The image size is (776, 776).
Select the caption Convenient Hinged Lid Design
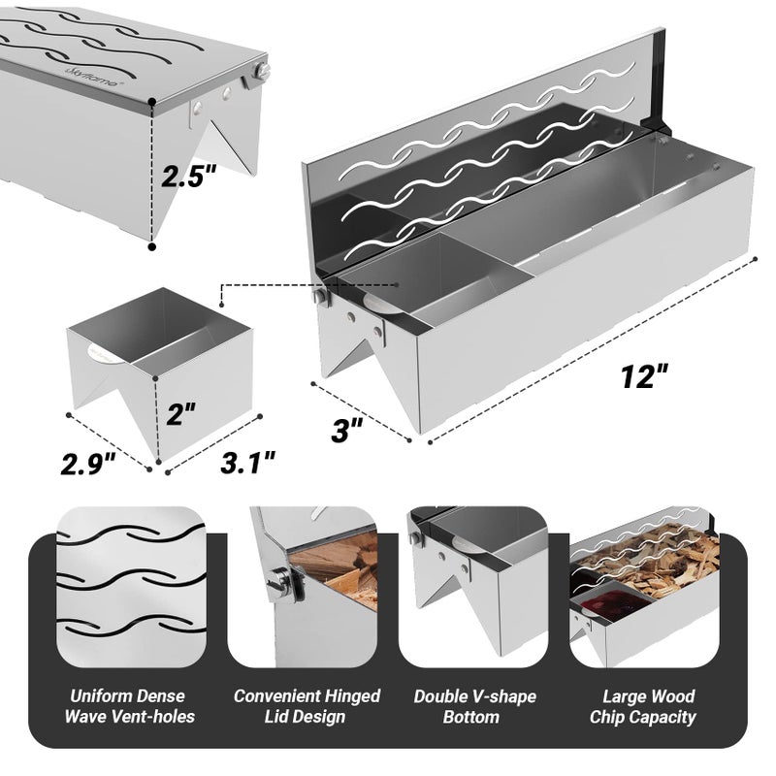point(307,706)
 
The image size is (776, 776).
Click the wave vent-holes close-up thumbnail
point(130,586)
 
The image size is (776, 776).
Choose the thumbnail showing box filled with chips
point(644,586)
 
